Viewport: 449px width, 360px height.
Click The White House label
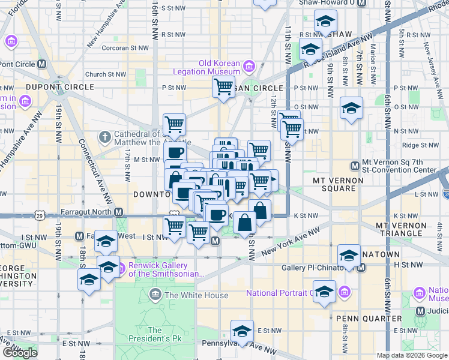[x=196, y=295]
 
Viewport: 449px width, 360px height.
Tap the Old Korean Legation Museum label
[x=220, y=67]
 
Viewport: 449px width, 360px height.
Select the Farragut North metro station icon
[x=119, y=212]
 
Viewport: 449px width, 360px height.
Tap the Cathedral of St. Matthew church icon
[x=104, y=137]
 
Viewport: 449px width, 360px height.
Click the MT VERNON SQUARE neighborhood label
[x=338, y=184]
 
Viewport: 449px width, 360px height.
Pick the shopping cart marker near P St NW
[x=223, y=88]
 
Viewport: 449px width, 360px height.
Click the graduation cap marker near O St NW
[x=352, y=109]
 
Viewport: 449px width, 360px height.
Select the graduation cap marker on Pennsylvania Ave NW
[x=242, y=331]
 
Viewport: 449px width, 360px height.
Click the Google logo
[x=20, y=353]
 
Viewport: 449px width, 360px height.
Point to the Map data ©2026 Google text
[x=411, y=355]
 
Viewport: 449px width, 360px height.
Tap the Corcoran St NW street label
[x=125, y=47]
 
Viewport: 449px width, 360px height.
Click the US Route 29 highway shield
[x=40, y=214]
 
